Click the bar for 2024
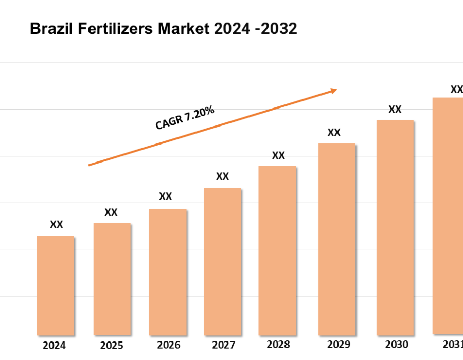coord(56,285)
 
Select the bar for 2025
coord(112,279)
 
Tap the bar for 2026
coord(168,272)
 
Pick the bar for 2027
coord(222,261)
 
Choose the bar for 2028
coord(277,250)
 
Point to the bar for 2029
coord(337,239)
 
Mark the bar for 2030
coord(395,227)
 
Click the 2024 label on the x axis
coord(55,346)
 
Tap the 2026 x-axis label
coord(168,345)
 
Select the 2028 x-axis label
coord(278,345)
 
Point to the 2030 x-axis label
coord(396,345)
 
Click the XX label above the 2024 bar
coord(57,225)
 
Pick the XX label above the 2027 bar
coord(222,177)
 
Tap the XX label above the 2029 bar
coord(334,133)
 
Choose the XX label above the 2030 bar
coord(395,110)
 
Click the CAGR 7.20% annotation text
coord(185,118)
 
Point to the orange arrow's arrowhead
coord(334,91)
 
